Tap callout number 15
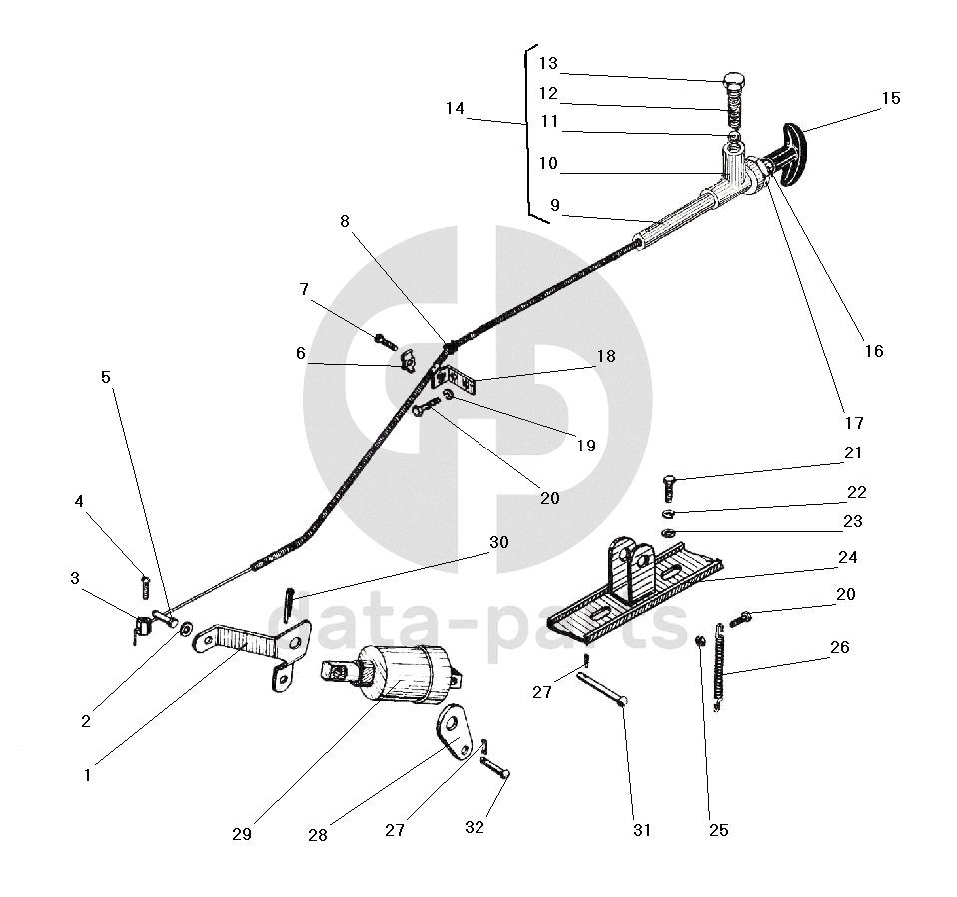(890, 98)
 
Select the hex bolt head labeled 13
(737, 82)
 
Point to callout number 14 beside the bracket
(455, 108)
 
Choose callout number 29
(241, 834)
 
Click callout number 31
(640, 830)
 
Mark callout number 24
(848, 557)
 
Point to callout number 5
(106, 377)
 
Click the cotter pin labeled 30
(289, 602)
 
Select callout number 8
(345, 222)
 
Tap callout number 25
(719, 829)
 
